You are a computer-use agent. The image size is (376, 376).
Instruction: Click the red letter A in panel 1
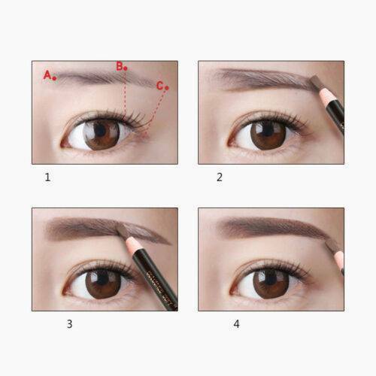point(47,74)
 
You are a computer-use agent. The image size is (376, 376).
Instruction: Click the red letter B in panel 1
point(119,66)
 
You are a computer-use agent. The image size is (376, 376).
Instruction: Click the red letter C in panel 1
point(159,86)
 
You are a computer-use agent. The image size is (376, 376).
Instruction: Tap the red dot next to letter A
point(55,77)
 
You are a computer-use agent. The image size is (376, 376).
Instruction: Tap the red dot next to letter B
point(126,68)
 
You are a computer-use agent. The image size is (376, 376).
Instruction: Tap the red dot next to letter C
point(166,88)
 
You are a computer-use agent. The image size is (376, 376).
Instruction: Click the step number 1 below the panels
point(47,177)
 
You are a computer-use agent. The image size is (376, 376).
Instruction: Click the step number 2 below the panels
point(220,177)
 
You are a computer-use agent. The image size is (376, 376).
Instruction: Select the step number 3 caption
point(69,324)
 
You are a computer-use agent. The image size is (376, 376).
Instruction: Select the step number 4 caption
point(235,324)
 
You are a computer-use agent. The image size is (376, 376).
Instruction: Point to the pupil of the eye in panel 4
point(268,283)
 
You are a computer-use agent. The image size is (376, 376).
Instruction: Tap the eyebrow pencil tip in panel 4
point(329,243)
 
